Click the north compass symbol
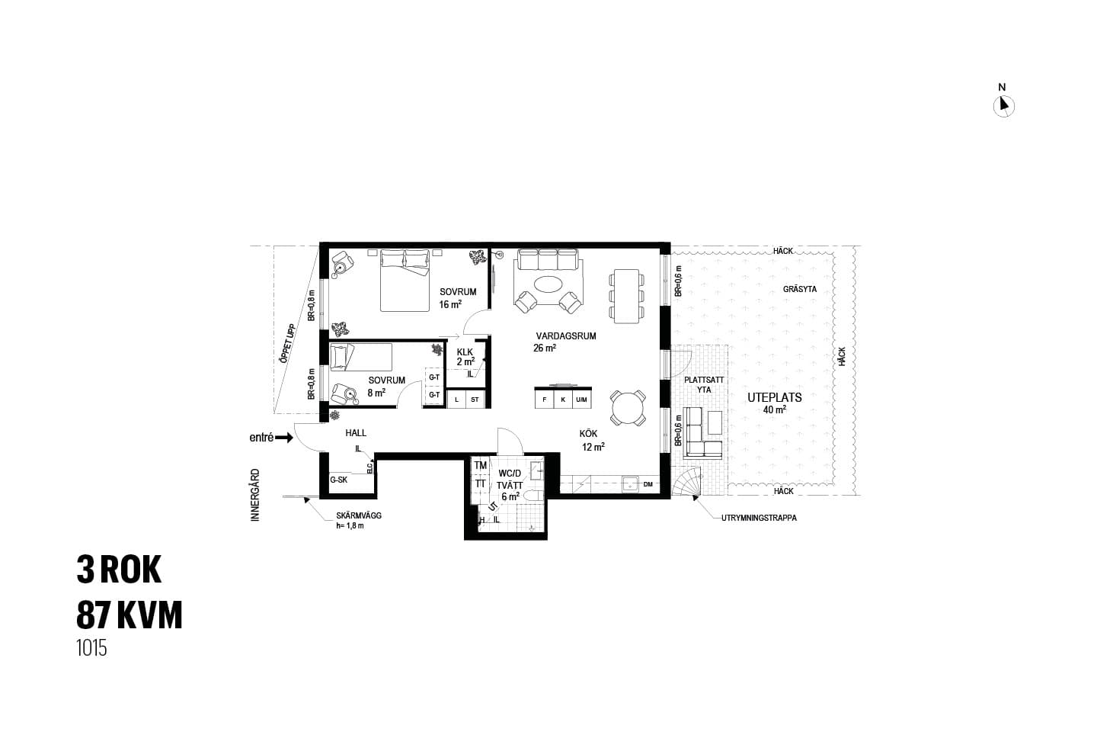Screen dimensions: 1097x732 (1003, 107)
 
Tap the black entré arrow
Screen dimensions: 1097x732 (284, 438)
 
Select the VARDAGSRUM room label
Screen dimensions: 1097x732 (565, 336)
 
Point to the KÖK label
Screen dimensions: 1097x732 (588, 433)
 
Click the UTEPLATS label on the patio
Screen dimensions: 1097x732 (774, 397)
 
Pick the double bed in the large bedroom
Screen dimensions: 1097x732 (405, 281)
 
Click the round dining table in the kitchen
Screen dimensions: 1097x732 (628, 408)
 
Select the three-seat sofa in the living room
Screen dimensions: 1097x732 (548, 260)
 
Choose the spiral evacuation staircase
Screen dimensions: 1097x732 (687, 481)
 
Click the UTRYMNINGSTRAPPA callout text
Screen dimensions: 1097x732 (759, 518)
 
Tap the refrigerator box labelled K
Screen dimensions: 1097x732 (563, 399)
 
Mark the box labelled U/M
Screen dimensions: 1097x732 (581, 399)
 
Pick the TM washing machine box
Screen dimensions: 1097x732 (481, 465)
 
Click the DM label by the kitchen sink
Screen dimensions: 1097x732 (648, 484)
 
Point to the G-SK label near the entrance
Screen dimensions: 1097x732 (338, 480)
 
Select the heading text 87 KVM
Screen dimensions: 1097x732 (130, 615)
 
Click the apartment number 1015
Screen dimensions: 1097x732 (91, 648)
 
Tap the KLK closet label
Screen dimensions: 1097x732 (465, 352)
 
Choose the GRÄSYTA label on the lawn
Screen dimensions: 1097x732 (800, 289)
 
